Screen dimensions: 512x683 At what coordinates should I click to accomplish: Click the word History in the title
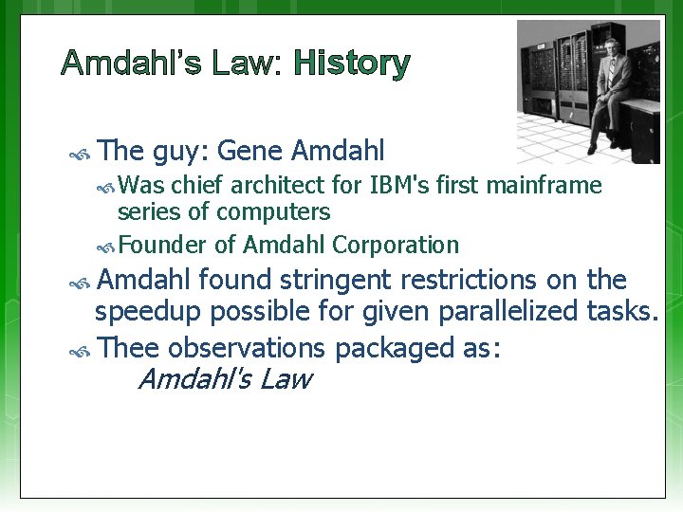pos(352,64)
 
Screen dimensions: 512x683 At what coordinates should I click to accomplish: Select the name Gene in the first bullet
pos(250,150)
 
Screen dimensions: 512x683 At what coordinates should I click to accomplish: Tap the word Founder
pos(163,245)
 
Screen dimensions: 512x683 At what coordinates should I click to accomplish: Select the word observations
pos(248,347)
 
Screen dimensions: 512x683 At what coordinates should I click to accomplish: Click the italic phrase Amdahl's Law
pos(224,380)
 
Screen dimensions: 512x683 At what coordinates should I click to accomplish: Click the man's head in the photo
pos(611,45)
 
